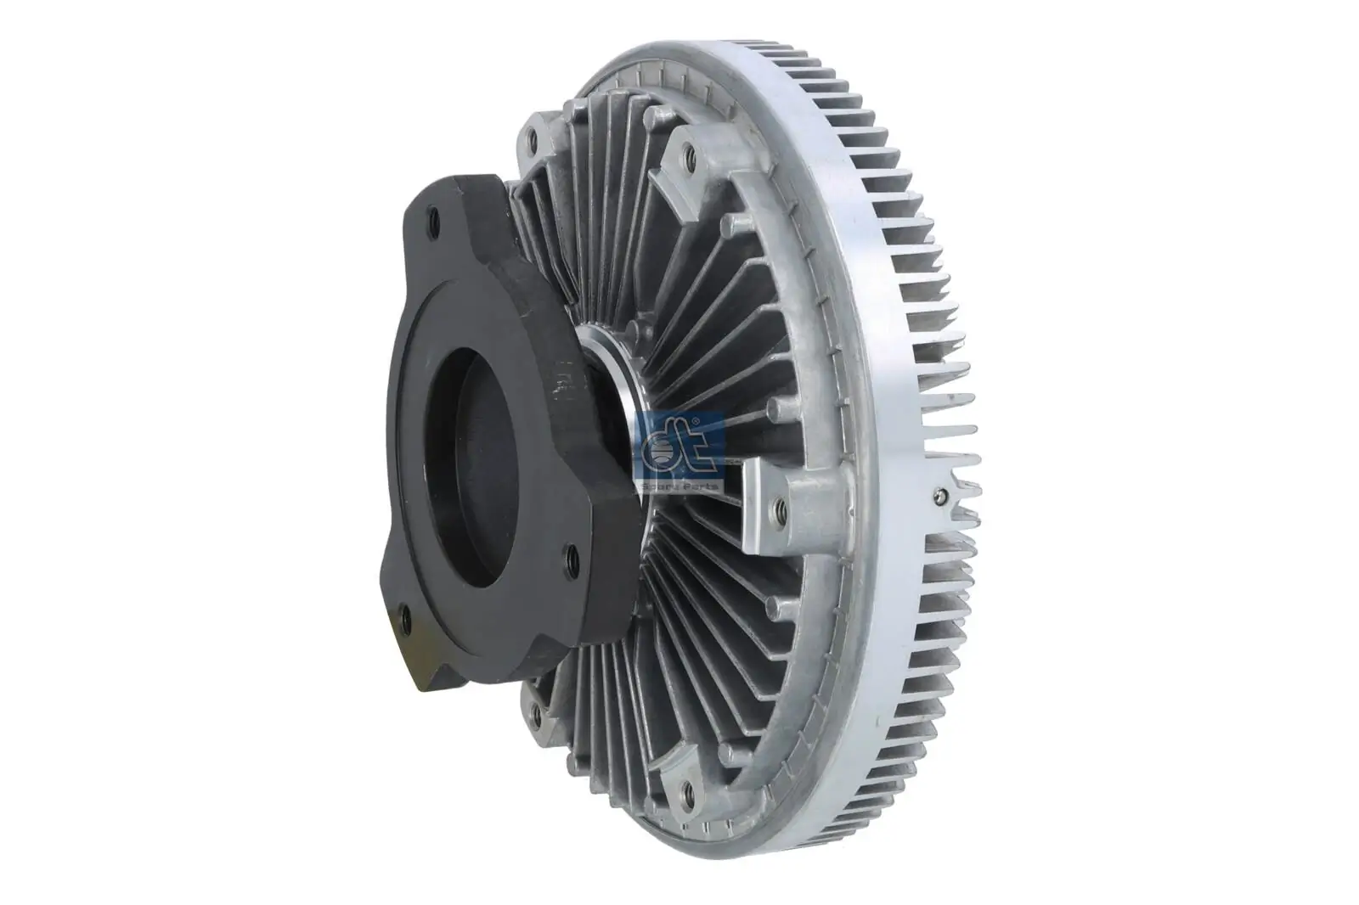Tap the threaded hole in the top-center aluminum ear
688,155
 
